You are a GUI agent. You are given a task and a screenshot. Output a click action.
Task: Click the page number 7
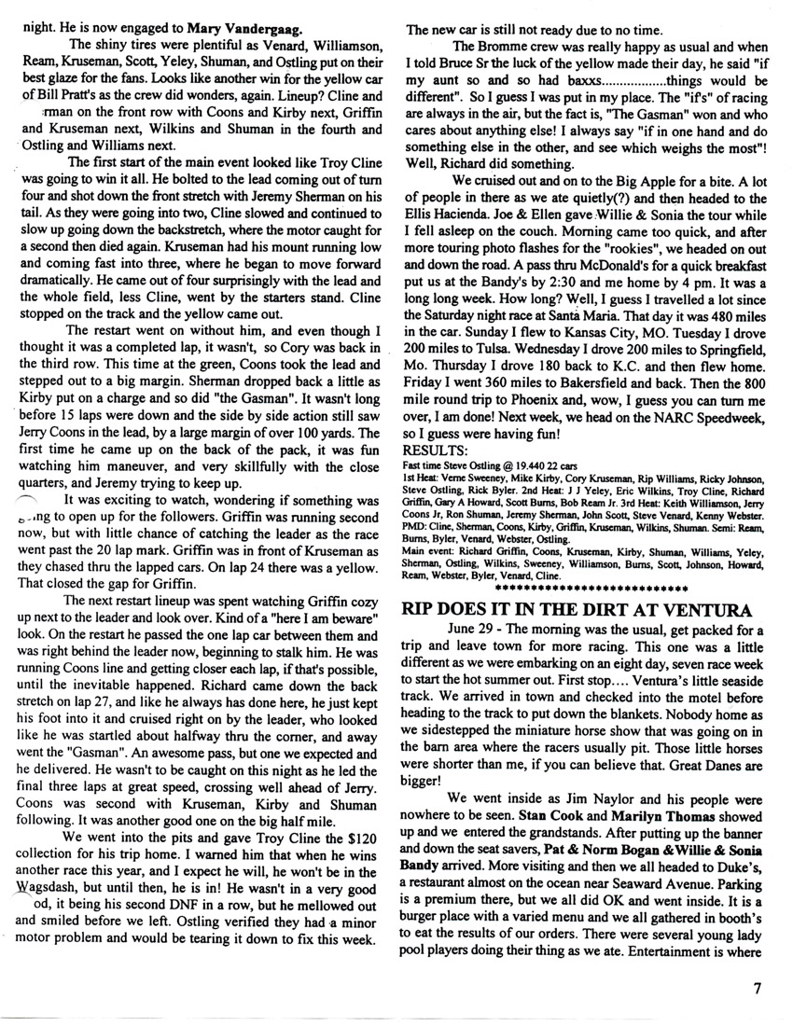click(760, 991)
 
